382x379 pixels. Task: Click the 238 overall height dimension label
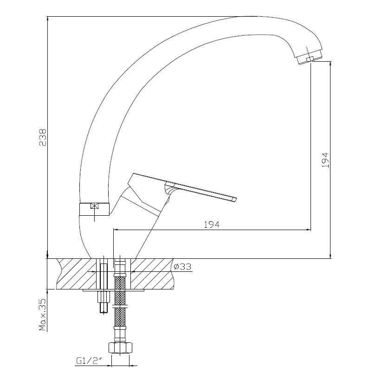(43, 137)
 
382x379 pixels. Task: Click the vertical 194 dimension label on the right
(325, 160)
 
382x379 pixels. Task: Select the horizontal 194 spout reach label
(212, 225)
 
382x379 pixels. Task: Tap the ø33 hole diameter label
(182, 267)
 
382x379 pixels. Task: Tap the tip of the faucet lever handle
(236, 199)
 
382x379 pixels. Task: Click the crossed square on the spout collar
(95, 206)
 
